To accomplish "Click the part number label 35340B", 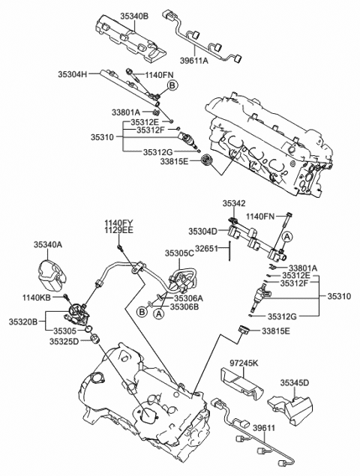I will (x=135, y=15).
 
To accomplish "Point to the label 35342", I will (x=233, y=203).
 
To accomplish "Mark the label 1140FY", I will (x=118, y=223).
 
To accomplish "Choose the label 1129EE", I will (x=118, y=231).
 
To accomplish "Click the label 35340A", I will (x=49, y=244).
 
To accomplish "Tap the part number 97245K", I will (x=243, y=364).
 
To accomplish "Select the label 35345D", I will (x=295, y=382).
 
